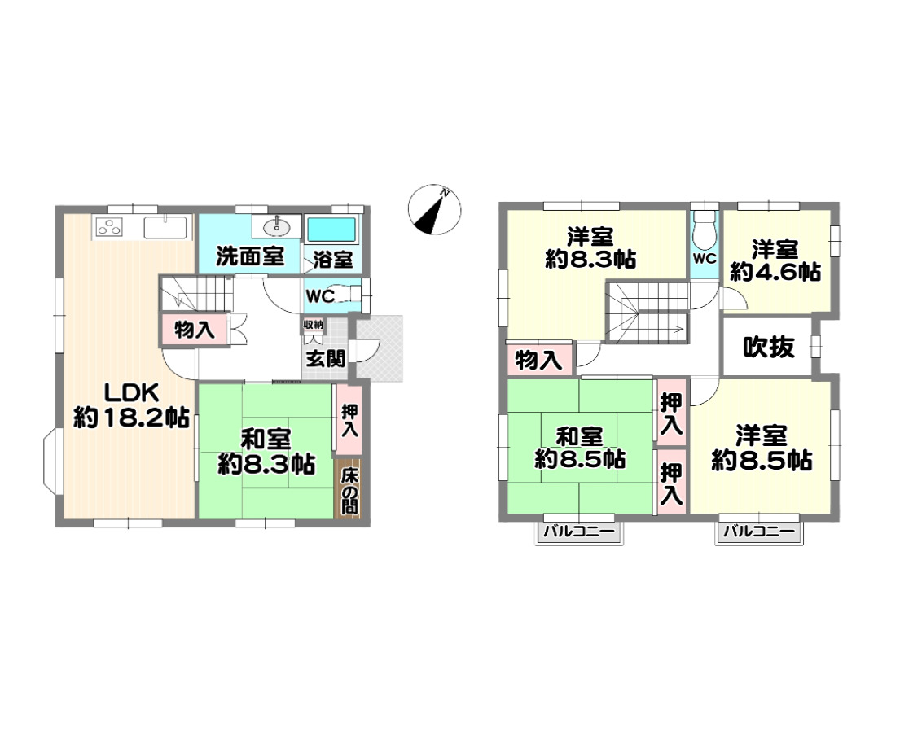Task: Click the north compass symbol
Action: [434, 209]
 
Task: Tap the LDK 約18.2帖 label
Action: [131, 405]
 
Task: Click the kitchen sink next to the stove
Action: [165, 227]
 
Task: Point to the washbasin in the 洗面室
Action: [277, 226]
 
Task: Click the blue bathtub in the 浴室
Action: [331, 230]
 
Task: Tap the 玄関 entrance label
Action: [326, 359]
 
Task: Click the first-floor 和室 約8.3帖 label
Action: [266, 452]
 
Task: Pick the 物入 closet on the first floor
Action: [194, 330]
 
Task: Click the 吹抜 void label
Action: [769, 347]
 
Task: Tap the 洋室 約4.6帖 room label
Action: [775, 261]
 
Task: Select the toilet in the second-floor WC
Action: [705, 230]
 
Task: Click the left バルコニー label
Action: [580, 532]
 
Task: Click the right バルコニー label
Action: [759, 532]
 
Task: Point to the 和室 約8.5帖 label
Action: [580, 448]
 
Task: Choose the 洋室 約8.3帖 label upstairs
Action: [590, 248]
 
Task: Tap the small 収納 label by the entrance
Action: [314, 325]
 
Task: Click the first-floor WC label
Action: [320, 296]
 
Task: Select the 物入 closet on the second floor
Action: [539, 360]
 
